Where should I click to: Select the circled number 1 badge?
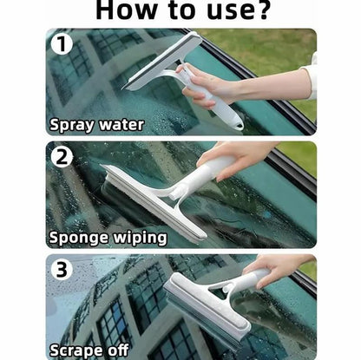[62, 44]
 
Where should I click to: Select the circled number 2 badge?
[62, 157]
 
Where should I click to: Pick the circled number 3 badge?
[62, 270]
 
